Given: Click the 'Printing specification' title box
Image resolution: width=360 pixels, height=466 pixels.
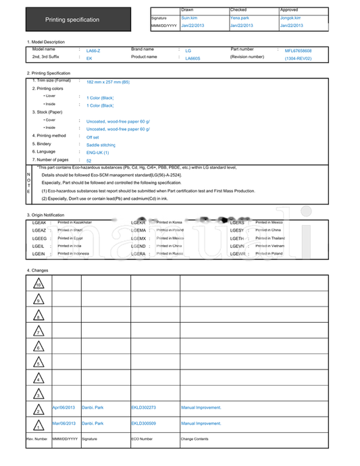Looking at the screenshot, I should click(x=72, y=20).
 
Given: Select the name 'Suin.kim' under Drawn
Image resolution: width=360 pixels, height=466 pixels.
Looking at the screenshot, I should click(x=189, y=18).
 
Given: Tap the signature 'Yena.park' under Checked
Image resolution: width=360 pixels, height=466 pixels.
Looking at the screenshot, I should click(x=240, y=18).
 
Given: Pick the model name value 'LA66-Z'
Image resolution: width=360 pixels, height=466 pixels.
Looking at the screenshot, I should click(x=93, y=51).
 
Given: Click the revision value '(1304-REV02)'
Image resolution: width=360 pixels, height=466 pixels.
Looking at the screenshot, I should click(x=298, y=58).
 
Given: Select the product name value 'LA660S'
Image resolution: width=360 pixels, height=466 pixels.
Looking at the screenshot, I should click(x=192, y=58).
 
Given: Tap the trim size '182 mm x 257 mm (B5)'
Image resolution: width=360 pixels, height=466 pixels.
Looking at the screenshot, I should click(x=108, y=81).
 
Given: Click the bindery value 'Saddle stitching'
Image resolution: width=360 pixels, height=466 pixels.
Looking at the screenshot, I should click(x=101, y=145).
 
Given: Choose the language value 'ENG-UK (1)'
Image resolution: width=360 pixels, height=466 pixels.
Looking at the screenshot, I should click(x=98, y=153).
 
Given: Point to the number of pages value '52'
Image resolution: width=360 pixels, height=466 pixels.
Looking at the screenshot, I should click(x=89, y=161).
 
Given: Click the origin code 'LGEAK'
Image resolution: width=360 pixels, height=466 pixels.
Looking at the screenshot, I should click(x=39, y=222).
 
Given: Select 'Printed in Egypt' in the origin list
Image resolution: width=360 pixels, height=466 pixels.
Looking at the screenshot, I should click(x=70, y=238).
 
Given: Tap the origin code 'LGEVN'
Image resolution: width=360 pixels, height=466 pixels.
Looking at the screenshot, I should click(x=237, y=247).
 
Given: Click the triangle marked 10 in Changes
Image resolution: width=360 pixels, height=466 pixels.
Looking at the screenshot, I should click(x=38, y=284).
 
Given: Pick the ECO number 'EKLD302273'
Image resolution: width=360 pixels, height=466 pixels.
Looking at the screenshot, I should click(x=143, y=408).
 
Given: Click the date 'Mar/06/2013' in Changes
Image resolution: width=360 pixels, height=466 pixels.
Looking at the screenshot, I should click(x=64, y=423).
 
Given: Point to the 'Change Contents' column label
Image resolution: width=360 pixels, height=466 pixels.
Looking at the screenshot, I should click(x=195, y=439).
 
